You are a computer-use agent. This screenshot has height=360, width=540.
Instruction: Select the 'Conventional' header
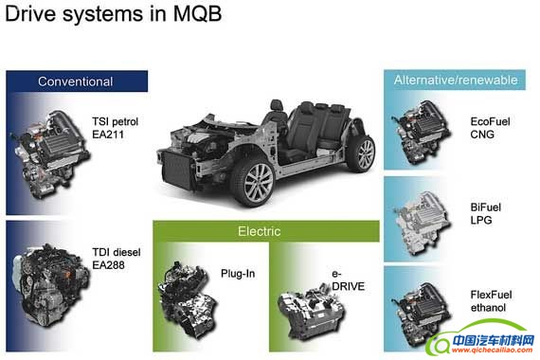point(75,81)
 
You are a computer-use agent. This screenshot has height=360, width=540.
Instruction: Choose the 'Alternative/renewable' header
point(455,81)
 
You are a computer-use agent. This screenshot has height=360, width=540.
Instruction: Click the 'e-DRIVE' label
point(347,282)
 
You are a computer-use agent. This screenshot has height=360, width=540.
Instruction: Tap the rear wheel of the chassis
point(358,155)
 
